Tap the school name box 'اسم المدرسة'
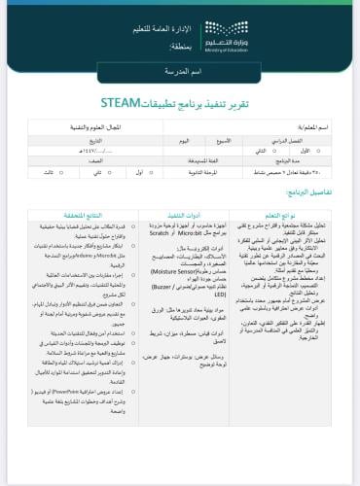[180, 74]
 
